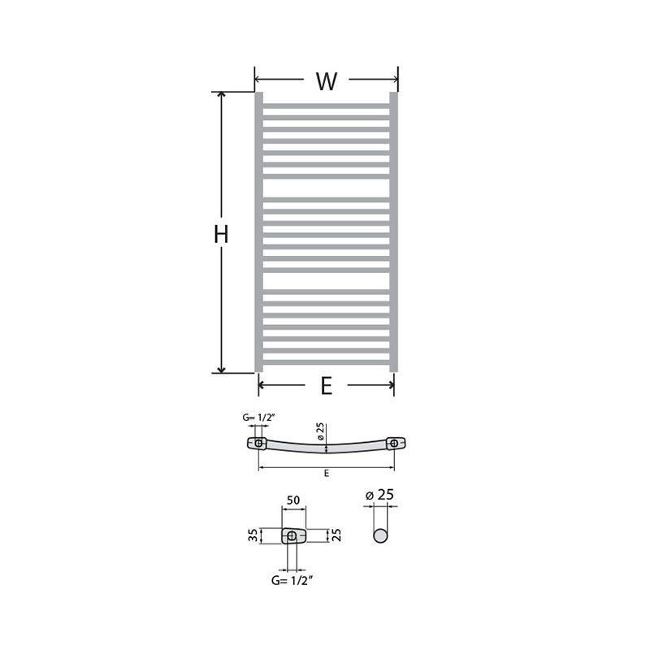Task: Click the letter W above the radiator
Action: [x=327, y=81]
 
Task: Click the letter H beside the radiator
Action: [x=221, y=234]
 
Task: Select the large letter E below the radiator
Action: [x=327, y=387]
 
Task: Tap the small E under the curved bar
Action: [x=327, y=473]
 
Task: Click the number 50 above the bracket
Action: [x=293, y=500]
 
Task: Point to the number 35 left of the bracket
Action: [x=253, y=535]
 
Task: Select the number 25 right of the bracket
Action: [x=336, y=535]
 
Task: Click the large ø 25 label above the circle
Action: [x=379, y=495]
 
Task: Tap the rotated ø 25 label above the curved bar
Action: [x=320, y=431]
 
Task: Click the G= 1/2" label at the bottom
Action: [x=292, y=580]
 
